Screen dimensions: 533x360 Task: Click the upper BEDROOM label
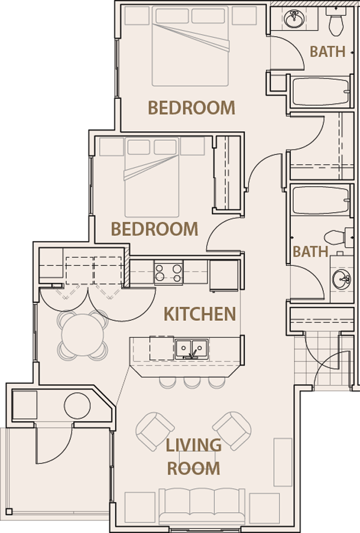[191, 108]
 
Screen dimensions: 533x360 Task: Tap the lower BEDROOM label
[155, 229]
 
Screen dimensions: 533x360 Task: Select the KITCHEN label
[199, 314]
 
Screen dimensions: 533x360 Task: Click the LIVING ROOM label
[193, 457]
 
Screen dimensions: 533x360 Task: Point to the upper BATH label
[328, 51]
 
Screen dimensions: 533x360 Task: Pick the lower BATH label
[310, 252]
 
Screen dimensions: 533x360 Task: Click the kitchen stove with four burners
[169, 273]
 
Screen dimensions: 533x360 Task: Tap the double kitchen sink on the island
[191, 349]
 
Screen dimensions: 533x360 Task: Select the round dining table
[83, 334]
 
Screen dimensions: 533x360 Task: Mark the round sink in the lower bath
[341, 278]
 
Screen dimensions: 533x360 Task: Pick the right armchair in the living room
[231, 430]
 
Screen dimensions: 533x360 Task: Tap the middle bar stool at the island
[192, 382]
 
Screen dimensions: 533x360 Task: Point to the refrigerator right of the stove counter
[224, 275]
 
